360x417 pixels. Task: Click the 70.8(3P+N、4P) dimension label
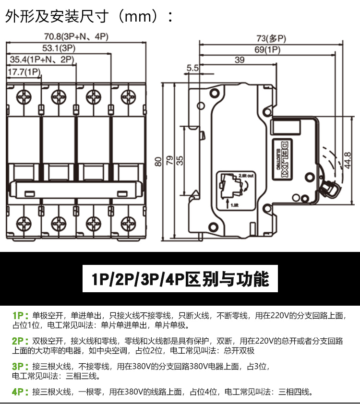(76, 36)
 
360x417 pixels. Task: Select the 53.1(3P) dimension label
(59, 48)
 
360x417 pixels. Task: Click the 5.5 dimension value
(192, 69)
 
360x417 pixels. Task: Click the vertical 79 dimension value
(169, 162)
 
